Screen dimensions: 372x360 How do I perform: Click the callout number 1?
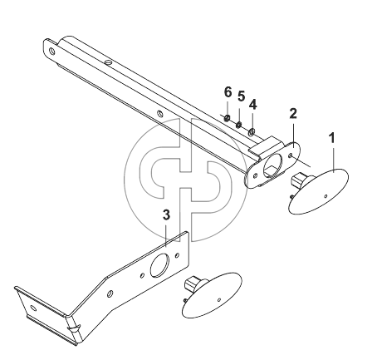pos(332,139)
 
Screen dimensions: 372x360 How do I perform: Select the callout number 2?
pos(293,114)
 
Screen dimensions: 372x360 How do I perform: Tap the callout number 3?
pos(166,215)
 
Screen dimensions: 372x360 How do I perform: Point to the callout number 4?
pos(252,106)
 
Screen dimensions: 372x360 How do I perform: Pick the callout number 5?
pos(241,96)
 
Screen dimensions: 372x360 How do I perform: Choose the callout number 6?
pos(228,92)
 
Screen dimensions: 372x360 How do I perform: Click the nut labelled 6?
pos(227,118)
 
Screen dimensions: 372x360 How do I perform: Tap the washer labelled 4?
pos(252,131)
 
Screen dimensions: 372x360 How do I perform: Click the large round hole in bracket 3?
pos(159,265)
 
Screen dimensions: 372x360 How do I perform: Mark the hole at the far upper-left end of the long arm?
pos(51,51)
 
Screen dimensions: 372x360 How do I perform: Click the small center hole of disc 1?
pos(325,196)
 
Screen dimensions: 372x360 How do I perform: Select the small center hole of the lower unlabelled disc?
pos(219,299)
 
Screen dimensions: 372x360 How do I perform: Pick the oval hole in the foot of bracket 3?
pos(33,308)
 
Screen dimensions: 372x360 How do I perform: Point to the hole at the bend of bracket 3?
pos(110,293)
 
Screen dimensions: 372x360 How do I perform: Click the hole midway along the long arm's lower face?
pos(159,114)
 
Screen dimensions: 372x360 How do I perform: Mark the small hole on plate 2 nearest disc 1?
pos(291,156)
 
